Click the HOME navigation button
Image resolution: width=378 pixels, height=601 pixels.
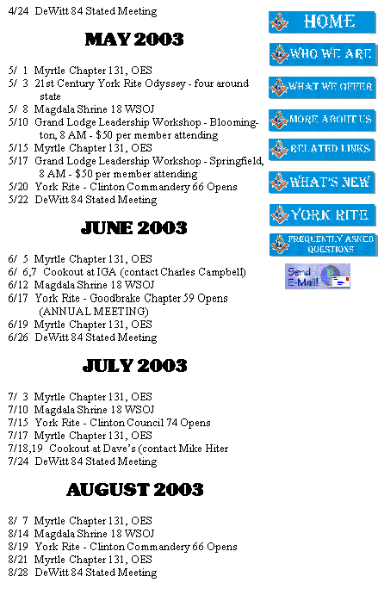(322, 22)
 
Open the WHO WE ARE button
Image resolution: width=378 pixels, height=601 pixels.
(322, 54)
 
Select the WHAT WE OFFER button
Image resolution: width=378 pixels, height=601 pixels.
(322, 87)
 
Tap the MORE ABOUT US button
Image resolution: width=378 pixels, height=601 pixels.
(322, 121)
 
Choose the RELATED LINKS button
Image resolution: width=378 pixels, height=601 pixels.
(322, 149)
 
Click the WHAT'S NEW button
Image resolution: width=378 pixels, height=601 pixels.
(322, 182)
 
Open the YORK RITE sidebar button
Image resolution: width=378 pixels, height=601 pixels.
(322, 215)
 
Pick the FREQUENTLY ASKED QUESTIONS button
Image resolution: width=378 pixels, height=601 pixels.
(323, 245)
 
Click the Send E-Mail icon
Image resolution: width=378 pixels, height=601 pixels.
(318, 276)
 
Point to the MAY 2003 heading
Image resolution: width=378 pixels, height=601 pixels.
(134, 40)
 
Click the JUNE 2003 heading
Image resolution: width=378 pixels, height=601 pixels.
(134, 228)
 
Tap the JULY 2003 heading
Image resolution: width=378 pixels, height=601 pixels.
(134, 366)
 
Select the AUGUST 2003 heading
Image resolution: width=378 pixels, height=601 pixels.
(135, 490)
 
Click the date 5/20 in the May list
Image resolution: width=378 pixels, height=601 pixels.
(18, 187)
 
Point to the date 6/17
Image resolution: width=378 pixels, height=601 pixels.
(18, 298)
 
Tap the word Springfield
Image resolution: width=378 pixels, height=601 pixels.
(237, 161)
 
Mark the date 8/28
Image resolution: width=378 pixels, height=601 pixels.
(18, 573)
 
